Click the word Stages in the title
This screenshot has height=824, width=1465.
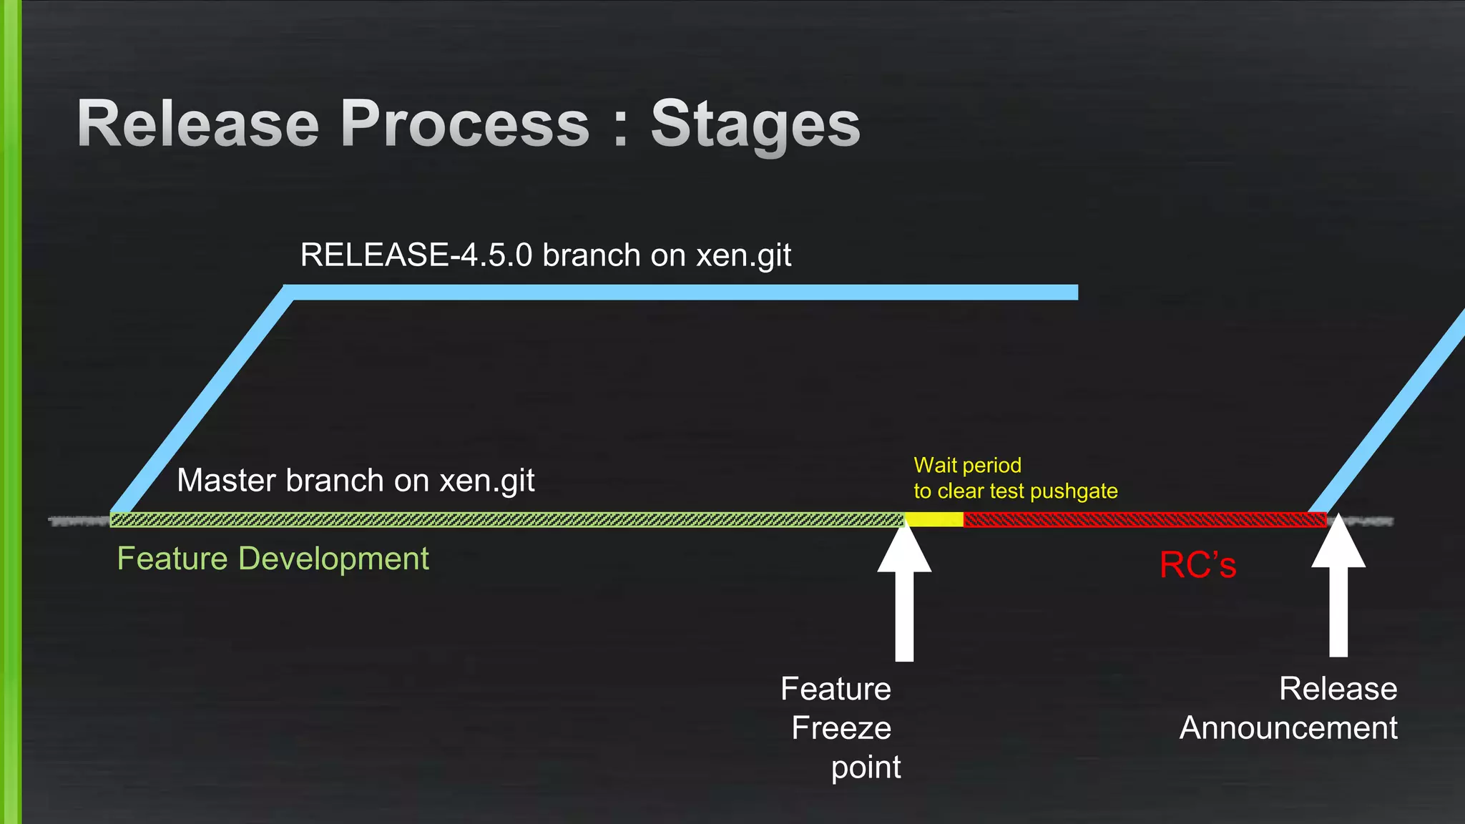755,124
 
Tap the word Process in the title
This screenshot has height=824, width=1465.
465,124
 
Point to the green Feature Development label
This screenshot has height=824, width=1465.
273,559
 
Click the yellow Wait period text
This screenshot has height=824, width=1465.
967,466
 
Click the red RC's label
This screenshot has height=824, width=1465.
1197,565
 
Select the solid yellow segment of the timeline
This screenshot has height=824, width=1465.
934,520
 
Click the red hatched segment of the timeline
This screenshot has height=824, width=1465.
1145,520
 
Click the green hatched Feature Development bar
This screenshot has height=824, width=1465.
501,520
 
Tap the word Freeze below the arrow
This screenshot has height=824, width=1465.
841,728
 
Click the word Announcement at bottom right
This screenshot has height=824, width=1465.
1288,728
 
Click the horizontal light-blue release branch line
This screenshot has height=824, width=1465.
680,292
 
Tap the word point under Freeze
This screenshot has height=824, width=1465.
866,767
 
